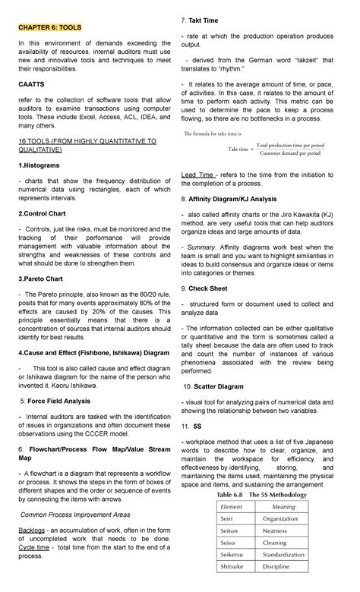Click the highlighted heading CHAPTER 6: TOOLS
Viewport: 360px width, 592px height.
(x=50, y=27)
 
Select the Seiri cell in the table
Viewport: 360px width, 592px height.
(x=228, y=519)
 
